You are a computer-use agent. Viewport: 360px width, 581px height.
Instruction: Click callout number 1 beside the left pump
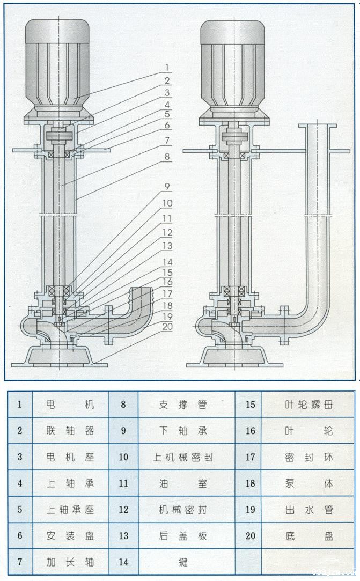[167, 68]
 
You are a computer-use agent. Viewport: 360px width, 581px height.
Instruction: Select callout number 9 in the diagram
[167, 188]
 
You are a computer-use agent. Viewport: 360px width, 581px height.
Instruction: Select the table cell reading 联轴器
[70, 431]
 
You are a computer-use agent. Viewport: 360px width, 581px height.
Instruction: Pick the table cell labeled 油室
[183, 483]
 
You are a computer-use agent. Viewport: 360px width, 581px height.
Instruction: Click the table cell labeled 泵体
[309, 483]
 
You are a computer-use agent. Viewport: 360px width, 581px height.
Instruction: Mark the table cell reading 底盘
[309, 536]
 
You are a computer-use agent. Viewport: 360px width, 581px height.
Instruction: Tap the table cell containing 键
[183, 562]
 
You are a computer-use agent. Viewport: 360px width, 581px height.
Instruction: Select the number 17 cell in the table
[250, 457]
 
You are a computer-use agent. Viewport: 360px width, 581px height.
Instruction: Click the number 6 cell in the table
[20, 536]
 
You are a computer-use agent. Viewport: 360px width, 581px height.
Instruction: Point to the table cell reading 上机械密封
[183, 457]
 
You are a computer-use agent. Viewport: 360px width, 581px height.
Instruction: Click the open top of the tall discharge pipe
[318, 126]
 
